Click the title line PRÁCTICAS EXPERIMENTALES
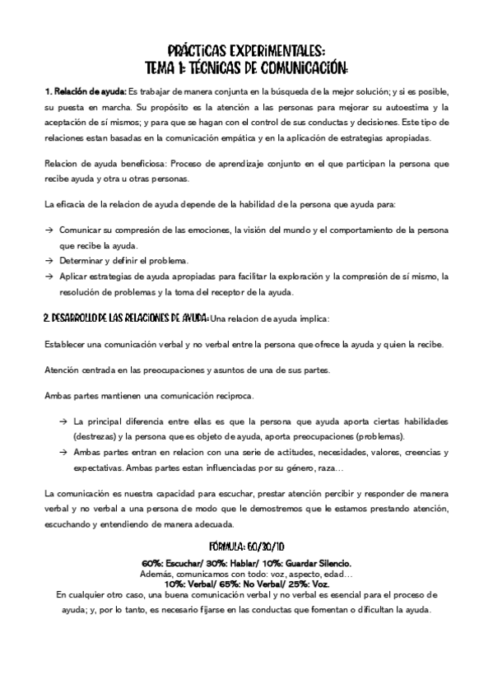point(246,50)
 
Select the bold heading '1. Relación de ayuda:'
point(86,91)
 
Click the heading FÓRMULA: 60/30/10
point(246,545)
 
